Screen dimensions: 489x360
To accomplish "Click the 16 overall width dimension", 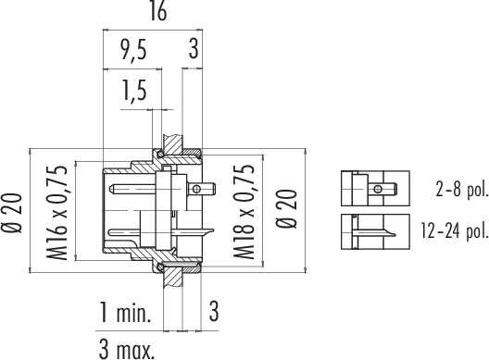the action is coord(158,11).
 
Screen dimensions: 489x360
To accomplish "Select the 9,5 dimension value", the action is coord(134,50).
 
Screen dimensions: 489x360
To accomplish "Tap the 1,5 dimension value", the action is coord(134,91).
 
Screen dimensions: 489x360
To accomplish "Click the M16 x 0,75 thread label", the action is coord(57,213).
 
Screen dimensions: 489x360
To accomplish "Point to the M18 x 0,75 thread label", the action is coord(244,212).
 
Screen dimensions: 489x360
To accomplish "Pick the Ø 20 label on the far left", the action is coord(12,213).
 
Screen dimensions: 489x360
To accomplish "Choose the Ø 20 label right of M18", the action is coord(287,209).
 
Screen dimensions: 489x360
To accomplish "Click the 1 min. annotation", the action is coord(125,312).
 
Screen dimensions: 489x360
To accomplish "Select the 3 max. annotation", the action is coord(127,350).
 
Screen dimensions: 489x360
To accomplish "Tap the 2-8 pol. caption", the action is coord(461,189).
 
